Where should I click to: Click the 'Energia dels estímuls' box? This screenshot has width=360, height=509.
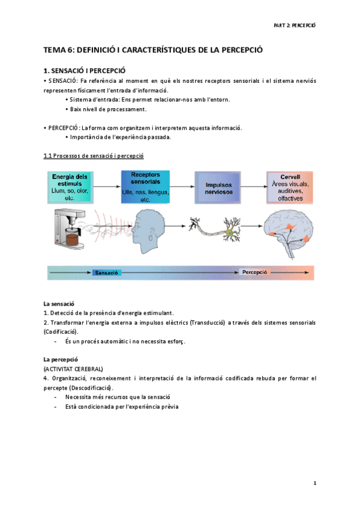click(x=70, y=187)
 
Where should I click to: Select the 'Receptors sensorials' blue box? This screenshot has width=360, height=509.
click(x=145, y=187)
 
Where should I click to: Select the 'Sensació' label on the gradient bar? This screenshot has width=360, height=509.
click(x=107, y=273)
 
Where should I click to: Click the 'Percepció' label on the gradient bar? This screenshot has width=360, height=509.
click(x=254, y=273)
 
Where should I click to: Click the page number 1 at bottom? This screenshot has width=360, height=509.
click(x=314, y=483)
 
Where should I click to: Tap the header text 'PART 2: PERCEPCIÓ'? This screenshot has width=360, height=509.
click(x=294, y=25)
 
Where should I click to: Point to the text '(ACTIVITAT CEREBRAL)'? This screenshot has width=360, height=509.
click(x=73, y=368)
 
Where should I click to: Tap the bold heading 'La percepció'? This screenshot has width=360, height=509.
click(x=61, y=359)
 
